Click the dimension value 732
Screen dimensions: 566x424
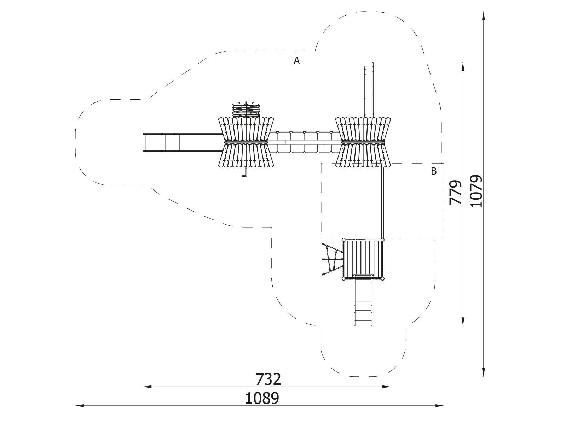point(268,379)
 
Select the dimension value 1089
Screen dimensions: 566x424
point(262,399)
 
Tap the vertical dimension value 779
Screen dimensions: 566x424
point(455,193)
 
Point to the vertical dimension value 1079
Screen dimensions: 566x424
point(476,191)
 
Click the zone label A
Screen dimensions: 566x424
point(297,61)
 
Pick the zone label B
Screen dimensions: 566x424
point(434,171)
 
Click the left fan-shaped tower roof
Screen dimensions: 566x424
point(246,142)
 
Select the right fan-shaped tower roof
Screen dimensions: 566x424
point(363,142)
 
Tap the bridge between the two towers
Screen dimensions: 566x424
point(305,142)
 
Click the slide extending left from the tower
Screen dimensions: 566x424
point(183,142)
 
